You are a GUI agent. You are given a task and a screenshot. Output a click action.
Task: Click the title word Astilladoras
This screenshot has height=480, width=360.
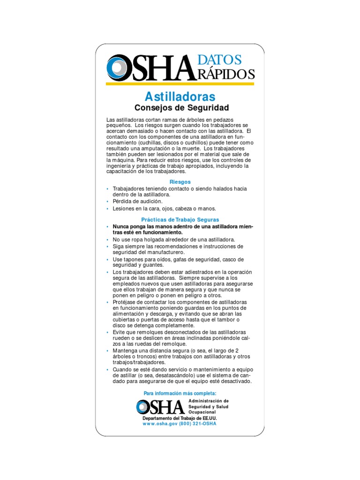coord(180,97)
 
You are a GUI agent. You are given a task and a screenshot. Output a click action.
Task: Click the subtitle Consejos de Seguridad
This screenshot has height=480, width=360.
coord(180,108)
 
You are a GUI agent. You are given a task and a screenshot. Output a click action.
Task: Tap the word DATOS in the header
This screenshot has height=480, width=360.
coord(220,60)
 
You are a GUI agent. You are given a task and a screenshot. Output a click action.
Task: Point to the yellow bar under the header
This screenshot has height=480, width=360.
coord(180,84)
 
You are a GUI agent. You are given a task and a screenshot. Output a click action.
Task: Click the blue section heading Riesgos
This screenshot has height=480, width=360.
coord(180,181)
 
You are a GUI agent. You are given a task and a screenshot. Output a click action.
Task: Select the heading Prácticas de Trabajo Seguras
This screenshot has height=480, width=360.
coord(180,219)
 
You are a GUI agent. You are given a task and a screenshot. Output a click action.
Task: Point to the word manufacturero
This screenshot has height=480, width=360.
coord(164,252)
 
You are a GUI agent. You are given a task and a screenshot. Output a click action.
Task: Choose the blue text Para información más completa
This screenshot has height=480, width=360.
coord(180,393)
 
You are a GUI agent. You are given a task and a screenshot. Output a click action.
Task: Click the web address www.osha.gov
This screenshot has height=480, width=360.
coord(160,423)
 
